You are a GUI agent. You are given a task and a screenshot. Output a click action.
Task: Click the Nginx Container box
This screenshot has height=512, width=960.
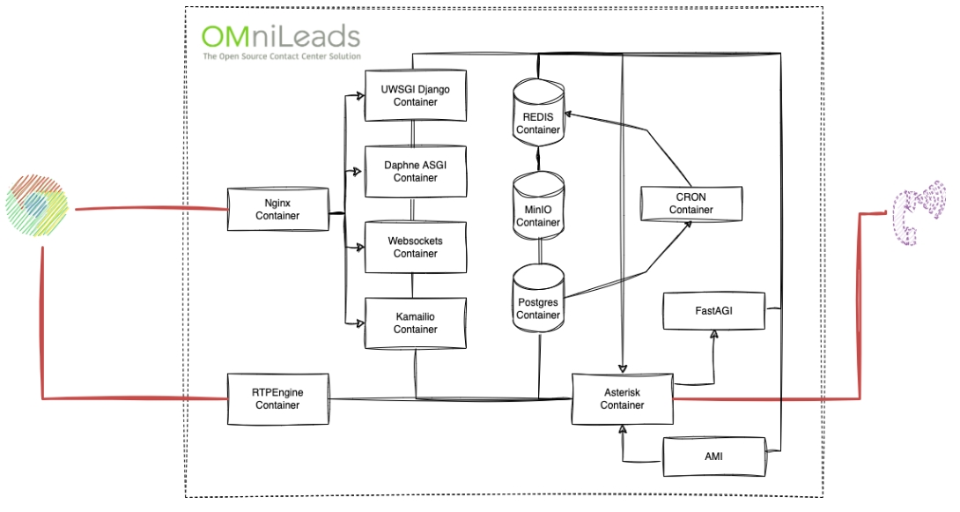point(277,209)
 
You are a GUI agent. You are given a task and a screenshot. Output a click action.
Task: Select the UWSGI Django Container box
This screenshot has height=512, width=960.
point(415,95)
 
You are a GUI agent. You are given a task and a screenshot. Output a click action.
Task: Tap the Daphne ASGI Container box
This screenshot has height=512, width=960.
point(415,171)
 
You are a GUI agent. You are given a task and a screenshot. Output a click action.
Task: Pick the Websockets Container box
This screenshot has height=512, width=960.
point(415,247)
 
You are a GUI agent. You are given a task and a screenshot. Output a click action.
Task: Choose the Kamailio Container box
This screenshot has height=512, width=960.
point(415,323)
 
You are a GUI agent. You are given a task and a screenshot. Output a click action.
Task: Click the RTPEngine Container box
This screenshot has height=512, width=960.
point(277,398)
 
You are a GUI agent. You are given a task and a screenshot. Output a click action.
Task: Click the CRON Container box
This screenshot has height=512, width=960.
point(690,204)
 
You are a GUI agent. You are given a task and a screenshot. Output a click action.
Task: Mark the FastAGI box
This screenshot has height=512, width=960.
point(713,312)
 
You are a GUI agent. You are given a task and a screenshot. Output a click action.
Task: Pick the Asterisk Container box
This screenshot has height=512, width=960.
point(622,398)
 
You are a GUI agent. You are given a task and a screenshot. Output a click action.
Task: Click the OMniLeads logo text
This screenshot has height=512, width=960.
point(280,36)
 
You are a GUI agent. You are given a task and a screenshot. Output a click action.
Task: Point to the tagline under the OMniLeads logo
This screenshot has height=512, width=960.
point(281,56)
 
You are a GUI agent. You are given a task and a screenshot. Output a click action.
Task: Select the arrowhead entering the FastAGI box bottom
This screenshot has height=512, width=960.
point(714,336)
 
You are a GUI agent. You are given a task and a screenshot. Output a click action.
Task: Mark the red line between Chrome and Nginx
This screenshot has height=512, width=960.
point(150,209)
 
